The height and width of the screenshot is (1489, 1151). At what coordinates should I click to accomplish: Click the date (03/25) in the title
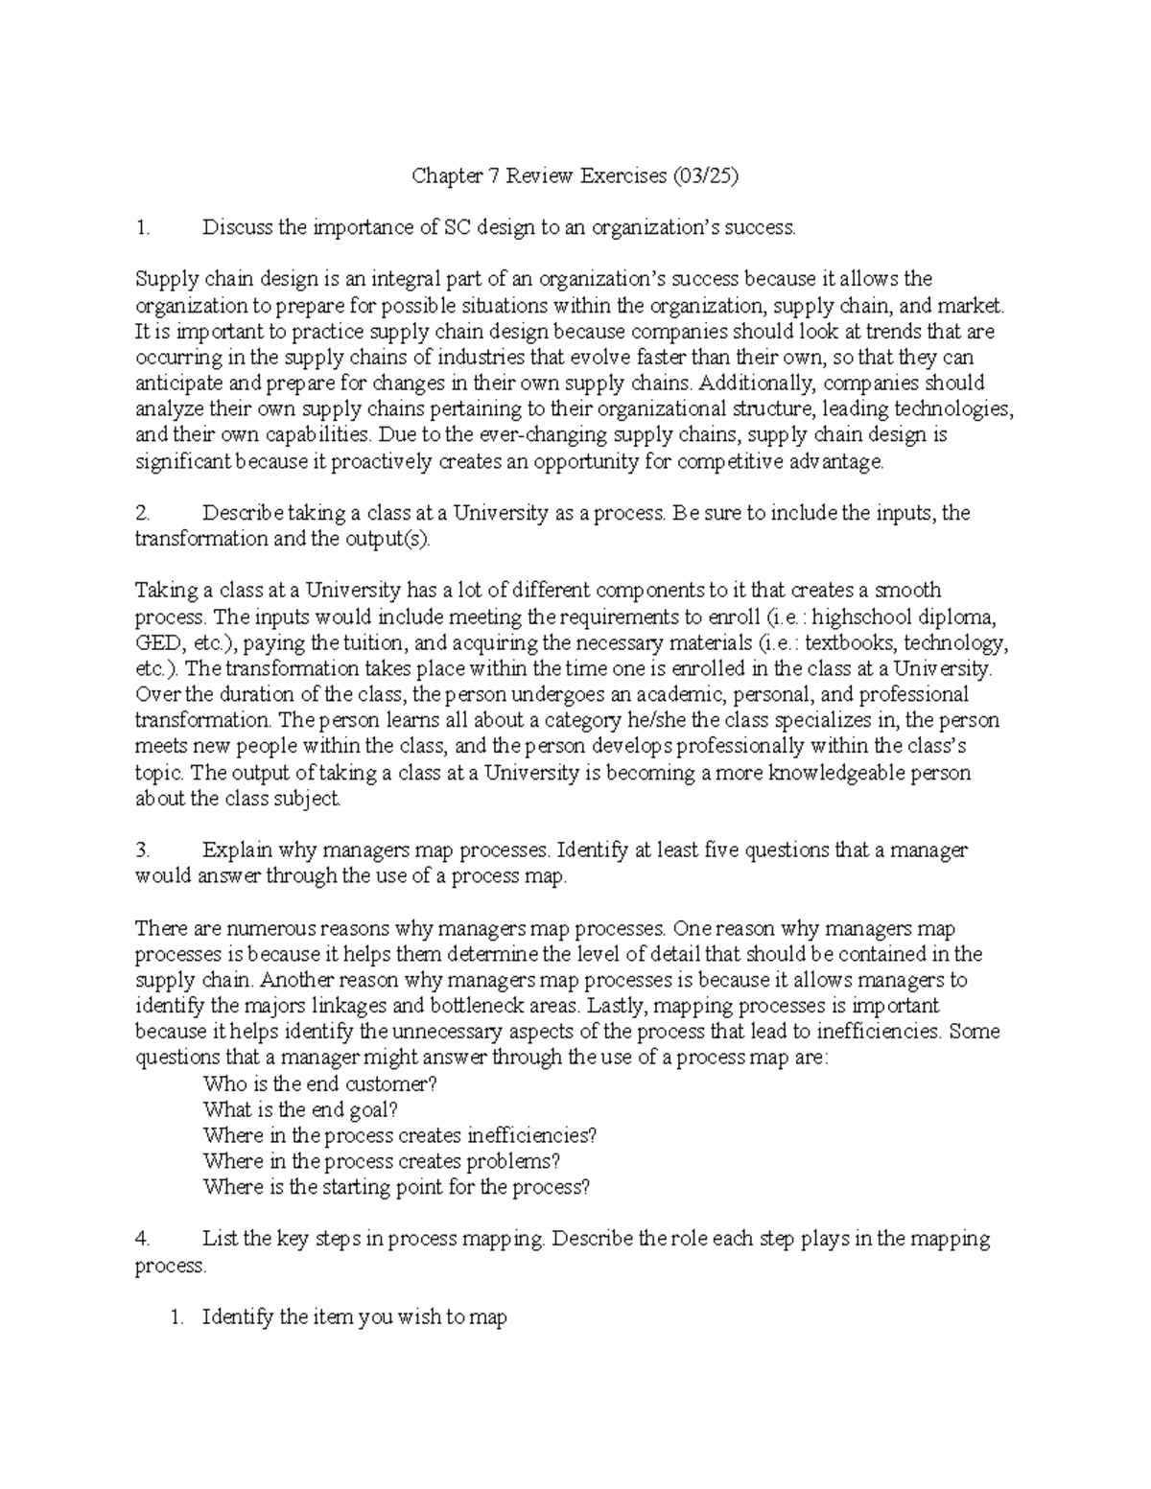click(706, 175)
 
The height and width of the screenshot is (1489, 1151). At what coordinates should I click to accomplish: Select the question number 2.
click(142, 513)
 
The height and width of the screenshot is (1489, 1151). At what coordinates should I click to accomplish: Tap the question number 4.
click(142, 1239)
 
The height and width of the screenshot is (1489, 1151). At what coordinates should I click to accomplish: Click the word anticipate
click(176, 384)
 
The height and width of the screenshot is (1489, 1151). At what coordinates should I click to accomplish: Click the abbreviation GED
click(157, 642)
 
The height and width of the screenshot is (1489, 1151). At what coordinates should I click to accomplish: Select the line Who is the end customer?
click(320, 1083)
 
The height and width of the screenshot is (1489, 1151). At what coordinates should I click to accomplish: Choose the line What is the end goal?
click(299, 1109)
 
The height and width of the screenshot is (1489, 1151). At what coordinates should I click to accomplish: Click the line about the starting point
click(396, 1187)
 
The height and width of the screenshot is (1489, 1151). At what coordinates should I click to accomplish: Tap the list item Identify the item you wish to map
click(354, 1317)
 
